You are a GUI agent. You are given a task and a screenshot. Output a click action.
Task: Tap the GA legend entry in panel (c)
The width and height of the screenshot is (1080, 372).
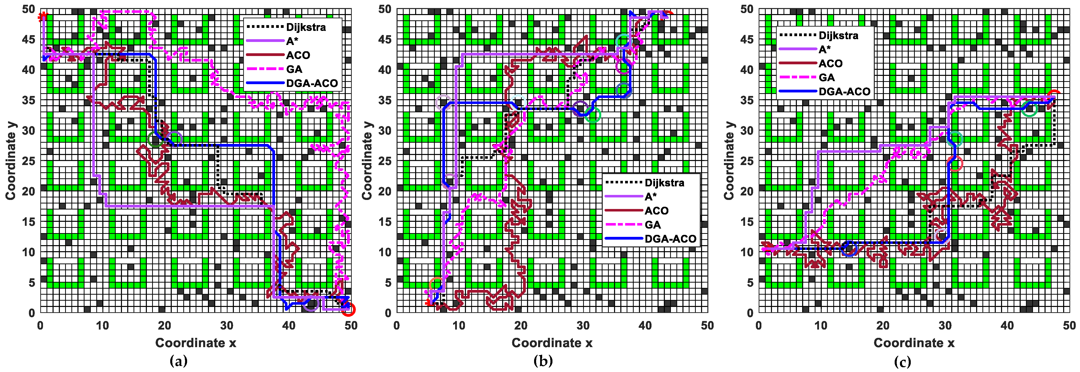click(826, 78)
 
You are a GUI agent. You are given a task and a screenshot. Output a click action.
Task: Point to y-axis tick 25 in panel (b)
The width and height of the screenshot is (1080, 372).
click(385, 161)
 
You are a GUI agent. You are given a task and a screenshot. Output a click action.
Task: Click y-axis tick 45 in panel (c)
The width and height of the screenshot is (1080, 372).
click(747, 39)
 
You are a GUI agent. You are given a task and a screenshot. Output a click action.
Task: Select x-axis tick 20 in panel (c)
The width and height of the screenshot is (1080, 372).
click(883, 326)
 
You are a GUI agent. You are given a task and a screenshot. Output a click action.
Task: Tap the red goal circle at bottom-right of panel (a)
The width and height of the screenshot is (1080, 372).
click(349, 309)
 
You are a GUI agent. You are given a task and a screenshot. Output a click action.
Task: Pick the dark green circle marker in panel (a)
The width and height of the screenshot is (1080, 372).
click(155, 139)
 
